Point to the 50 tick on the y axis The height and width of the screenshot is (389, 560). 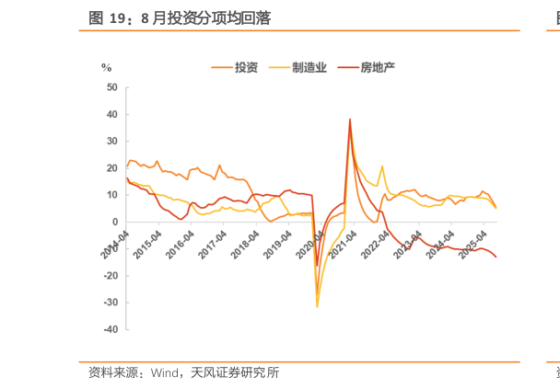(111, 88)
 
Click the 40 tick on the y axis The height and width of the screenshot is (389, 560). (111, 115)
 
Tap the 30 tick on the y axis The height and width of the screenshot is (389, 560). (111, 142)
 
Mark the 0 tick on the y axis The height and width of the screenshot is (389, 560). (114, 223)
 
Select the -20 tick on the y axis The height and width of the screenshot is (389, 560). (110, 276)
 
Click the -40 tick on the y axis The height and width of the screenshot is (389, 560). (110, 329)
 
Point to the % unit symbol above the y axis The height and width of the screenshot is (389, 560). (106, 67)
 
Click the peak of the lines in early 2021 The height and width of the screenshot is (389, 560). (350, 119)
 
